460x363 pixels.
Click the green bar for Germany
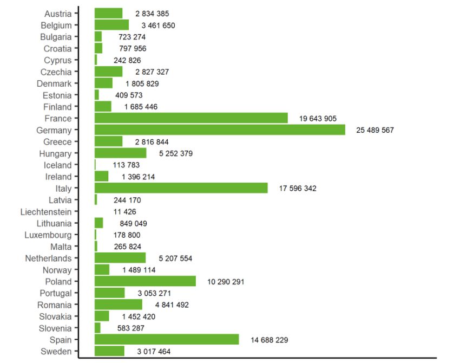[x=220, y=130]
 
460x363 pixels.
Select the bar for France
[x=191, y=118]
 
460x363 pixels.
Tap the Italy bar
[x=181, y=188]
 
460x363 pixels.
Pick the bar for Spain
[x=167, y=340]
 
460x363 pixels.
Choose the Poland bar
[x=145, y=281]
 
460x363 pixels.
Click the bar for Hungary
[x=120, y=153]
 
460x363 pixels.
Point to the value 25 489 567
[x=379, y=131]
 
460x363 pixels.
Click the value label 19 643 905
[x=321, y=119]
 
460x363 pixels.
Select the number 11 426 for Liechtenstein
[x=125, y=212]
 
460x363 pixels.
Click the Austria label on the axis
[x=58, y=14]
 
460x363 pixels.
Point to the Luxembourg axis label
[x=48, y=235]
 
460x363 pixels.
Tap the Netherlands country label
[x=48, y=258]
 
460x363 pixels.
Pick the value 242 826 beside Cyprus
[x=127, y=60]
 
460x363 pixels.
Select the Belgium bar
[x=111, y=25]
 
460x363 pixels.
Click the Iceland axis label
[x=58, y=165]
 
